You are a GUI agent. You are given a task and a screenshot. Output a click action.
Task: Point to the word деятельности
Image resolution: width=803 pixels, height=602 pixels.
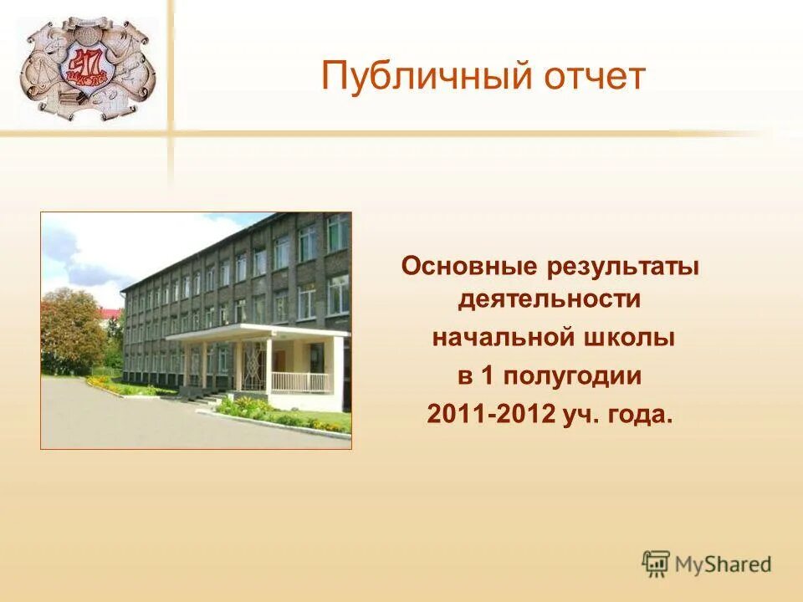pyautogui.click(x=550, y=298)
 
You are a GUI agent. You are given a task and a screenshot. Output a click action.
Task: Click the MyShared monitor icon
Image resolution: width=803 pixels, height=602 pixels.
pyautogui.click(x=657, y=564)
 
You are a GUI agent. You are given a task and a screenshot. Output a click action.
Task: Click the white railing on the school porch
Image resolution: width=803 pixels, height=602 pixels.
pyautogui.click(x=300, y=382)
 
